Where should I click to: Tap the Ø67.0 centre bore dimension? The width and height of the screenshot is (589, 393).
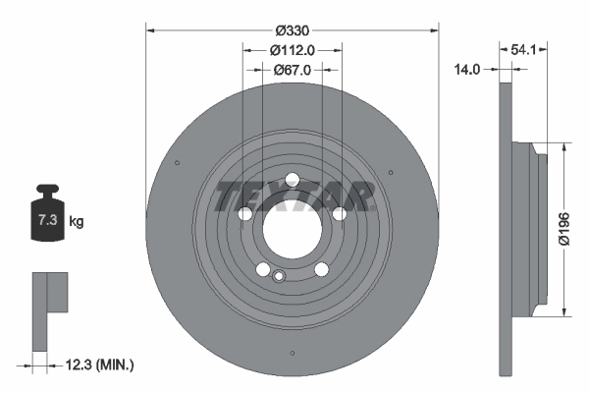(292, 70)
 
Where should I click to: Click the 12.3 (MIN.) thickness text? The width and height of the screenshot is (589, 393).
(98, 365)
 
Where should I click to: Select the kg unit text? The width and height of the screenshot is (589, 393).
(77, 222)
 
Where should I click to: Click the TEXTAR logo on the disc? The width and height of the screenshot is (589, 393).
(292, 196)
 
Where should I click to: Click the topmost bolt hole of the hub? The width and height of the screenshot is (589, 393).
(292, 179)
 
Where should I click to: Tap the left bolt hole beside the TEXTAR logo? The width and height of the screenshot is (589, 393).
(243, 214)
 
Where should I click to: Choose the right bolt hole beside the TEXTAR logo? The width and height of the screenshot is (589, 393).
(340, 214)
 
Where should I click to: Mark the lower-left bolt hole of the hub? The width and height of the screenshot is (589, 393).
(262, 270)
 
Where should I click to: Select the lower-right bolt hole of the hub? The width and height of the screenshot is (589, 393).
(321, 270)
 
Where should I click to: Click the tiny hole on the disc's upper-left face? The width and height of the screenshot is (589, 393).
(175, 162)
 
